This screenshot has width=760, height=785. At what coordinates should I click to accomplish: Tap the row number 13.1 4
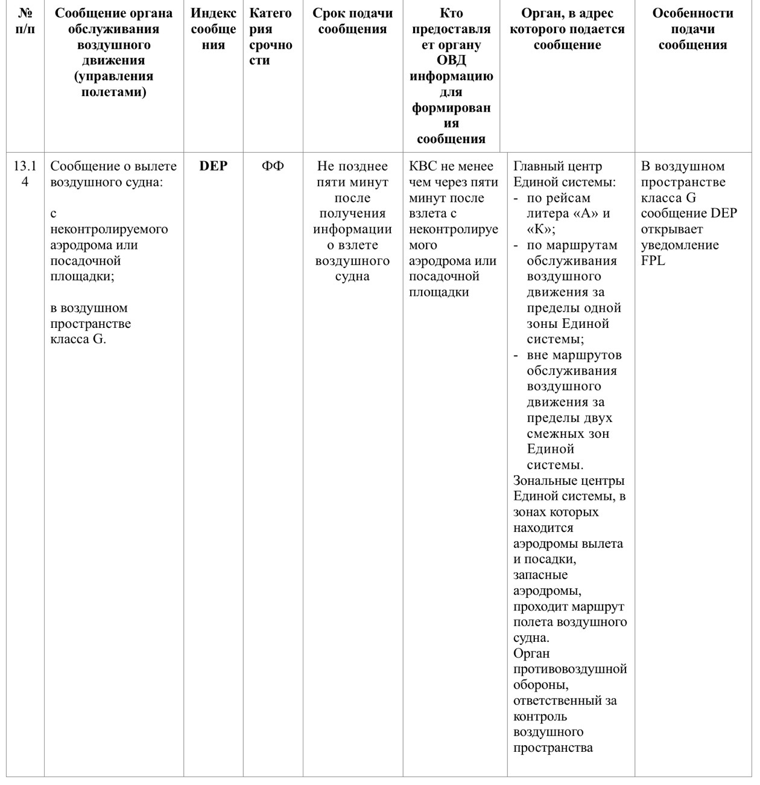click(25, 174)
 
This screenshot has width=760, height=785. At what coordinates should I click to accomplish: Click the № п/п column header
click(25, 21)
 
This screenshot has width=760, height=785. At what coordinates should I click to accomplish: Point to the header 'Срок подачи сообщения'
click(352, 21)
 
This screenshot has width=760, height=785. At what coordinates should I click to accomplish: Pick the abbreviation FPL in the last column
click(653, 261)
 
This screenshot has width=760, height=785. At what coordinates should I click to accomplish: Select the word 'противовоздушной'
click(569, 669)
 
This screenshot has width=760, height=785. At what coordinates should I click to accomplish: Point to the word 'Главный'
click(537, 167)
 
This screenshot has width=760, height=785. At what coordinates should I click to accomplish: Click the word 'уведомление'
click(680, 245)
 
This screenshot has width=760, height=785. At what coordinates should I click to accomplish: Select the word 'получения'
click(352, 214)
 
